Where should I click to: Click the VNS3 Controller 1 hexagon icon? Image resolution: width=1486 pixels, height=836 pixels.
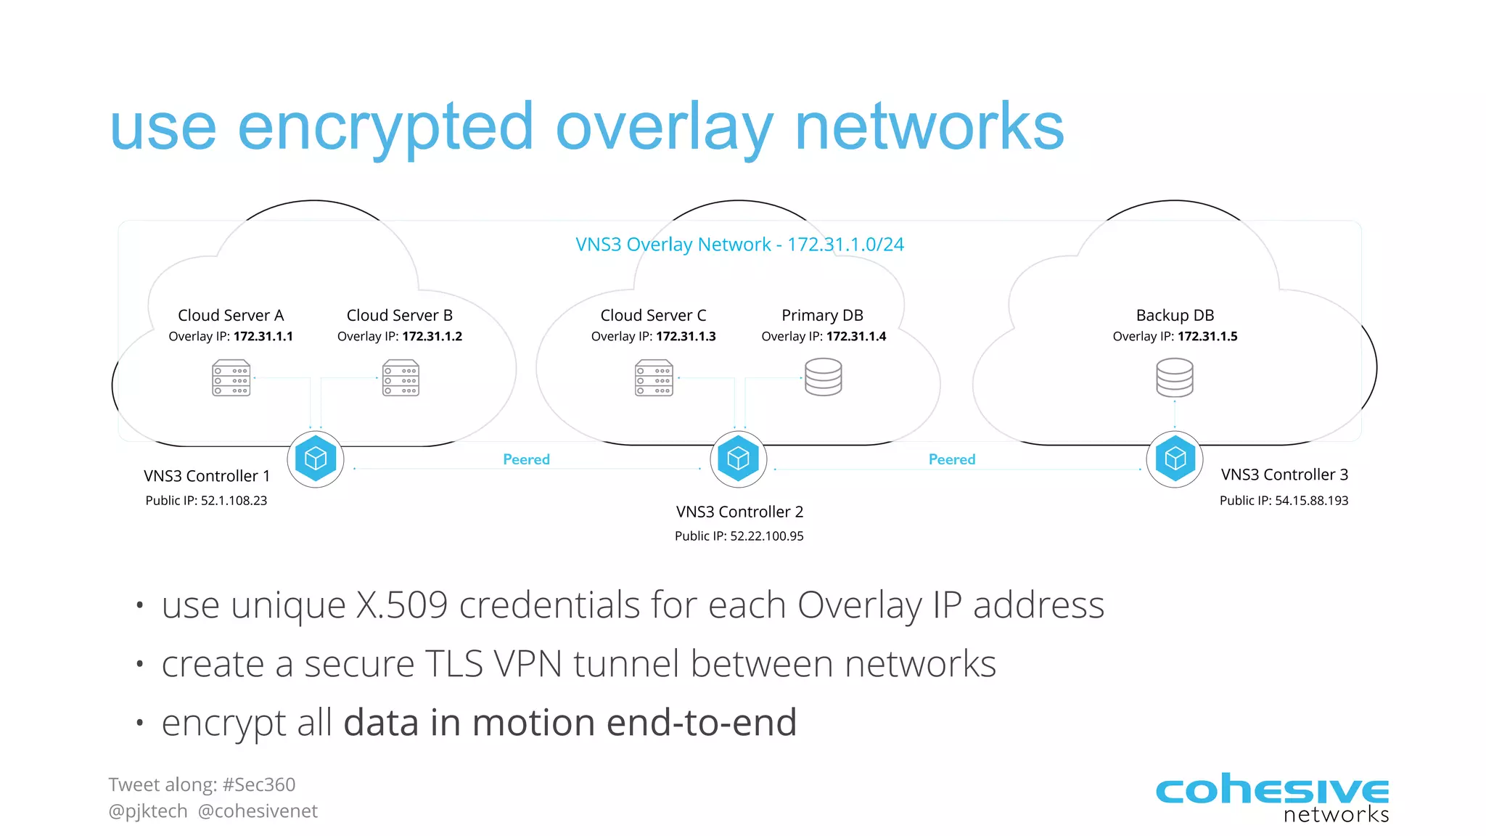tap(316, 459)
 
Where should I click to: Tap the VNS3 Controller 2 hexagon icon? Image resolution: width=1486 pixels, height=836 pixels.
tap(738, 459)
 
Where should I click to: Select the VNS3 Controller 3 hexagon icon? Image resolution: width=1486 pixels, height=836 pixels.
tap(1175, 459)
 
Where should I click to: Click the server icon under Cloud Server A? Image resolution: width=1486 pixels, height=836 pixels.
tap(231, 378)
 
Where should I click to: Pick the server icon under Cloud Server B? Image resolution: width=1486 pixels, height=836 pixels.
tap(401, 378)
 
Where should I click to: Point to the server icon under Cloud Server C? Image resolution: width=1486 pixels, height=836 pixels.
tap(654, 378)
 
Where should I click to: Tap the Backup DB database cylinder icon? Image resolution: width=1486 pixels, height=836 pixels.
tap(1174, 377)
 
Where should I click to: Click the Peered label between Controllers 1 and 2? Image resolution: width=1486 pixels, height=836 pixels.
tap(526, 459)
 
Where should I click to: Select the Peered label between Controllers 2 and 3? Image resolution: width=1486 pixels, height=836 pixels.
tap(951, 459)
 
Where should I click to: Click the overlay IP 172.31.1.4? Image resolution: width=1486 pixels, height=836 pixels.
tap(856, 336)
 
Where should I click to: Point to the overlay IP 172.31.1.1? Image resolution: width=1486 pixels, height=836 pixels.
tap(263, 336)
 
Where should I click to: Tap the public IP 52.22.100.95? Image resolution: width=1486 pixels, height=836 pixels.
tap(766, 536)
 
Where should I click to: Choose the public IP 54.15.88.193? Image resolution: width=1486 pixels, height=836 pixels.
tap(1311, 501)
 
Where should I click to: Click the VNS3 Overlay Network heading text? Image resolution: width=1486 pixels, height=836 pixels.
tap(739, 245)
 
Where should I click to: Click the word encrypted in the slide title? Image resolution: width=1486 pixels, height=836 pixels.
tap(385, 127)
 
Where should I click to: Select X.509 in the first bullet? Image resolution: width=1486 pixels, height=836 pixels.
tap(401, 605)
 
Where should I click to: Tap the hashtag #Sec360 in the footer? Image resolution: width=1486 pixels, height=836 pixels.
tap(259, 784)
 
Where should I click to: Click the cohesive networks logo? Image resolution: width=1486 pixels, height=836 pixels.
tap(1271, 797)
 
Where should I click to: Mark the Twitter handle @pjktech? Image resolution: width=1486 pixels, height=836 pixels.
tap(148, 811)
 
